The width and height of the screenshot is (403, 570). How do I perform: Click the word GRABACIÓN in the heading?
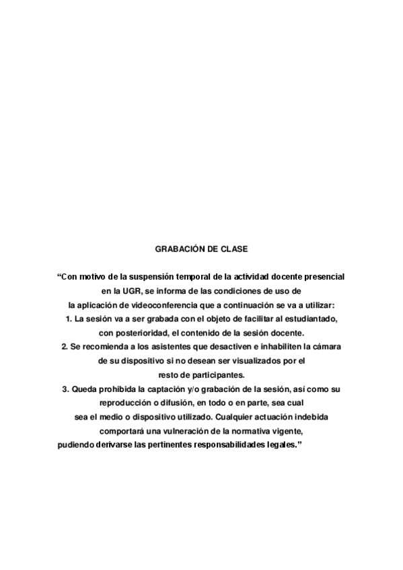177,249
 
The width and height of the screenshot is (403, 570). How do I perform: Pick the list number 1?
69,319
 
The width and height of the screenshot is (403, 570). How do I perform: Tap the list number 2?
65,347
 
